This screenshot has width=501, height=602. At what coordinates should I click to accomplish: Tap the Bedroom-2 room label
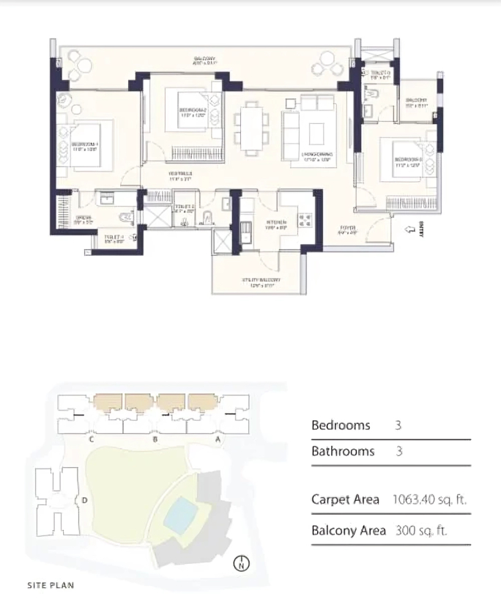pyautogui.click(x=191, y=112)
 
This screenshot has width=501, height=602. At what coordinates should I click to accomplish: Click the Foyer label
pyautogui.click(x=348, y=229)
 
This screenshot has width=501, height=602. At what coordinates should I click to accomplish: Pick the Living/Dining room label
pyautogui.click(x=317, y=155)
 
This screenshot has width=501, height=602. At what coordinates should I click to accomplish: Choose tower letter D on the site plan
pyautogui.click(x=86, y=501)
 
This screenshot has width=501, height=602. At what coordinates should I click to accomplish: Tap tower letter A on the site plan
pyautogui.click(x=218, y=440)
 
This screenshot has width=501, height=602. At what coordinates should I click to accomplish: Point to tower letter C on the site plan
pyautogui.click(x=92, y=440)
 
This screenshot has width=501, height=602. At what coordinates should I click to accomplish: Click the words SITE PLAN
pyautogui.click(x=51, y=586)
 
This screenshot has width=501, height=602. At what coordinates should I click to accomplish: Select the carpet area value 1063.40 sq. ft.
pyautogui.click(x=429, y=499)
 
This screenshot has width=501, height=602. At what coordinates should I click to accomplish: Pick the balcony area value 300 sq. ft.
pyautogui.click(x=420, y=529)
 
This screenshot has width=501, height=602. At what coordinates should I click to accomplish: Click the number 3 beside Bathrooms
pyautogui.click(x=399, y=452)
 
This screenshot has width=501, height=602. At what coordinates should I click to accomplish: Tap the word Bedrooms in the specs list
pyautogui.click(x=341, y=425)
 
